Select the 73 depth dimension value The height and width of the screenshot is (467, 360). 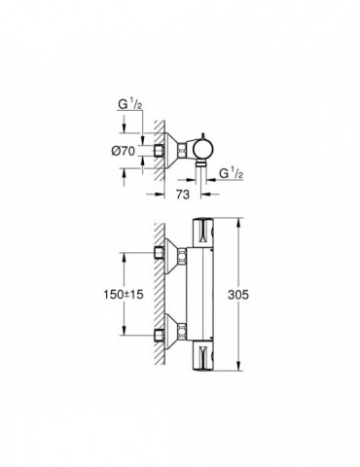pos(181,195)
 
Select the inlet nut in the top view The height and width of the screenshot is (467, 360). pos(161,152)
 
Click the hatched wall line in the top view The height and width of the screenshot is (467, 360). pos(148,126)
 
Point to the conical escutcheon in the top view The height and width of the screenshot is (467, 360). pos(177,152)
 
